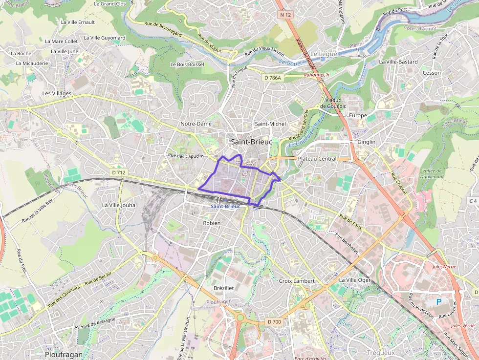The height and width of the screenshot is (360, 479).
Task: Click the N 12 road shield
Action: (x=286, y=15)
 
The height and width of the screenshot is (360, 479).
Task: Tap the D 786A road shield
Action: (x=273, y=78)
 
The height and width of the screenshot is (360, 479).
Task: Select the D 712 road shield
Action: (x=119, y=172)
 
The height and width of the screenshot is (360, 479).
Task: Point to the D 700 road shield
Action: (x=275, y=322)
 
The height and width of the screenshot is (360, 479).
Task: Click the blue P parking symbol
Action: (x=438, y=302)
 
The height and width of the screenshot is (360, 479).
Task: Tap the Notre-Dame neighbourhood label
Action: (x=196, y=124)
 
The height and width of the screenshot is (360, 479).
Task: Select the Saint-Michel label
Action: (x=270, y=124)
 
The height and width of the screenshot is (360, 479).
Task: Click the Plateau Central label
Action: (x=317, y=159)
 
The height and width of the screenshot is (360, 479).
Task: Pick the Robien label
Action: (x=212, y=223)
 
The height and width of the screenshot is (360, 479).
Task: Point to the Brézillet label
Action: (x=224, y=288)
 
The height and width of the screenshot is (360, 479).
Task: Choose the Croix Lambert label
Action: (x=297, y=281)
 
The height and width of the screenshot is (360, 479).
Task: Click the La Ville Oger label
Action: (x=355, y=280)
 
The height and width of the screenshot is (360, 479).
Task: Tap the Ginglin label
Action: (x=367, y=142)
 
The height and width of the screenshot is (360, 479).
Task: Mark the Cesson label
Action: (x=432, y=73)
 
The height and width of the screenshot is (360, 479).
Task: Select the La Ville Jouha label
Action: (x=119, y=206)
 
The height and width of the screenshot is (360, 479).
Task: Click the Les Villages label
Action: (x=57, y=93)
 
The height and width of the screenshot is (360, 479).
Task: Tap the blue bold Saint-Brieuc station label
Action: (x=225, y=207)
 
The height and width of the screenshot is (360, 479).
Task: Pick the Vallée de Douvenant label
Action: (x=432, y=173)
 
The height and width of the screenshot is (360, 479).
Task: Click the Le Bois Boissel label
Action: (x=187, y=64)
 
